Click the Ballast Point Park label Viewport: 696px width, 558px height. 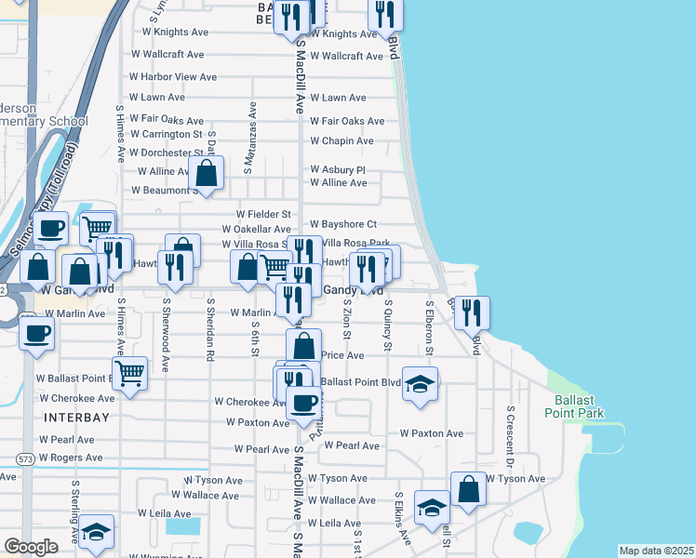tap(574, 406)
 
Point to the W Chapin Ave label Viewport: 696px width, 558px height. tap(341, 141)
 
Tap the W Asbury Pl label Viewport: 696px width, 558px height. tap(338, 170)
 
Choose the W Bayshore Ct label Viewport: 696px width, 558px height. tap(343, 224)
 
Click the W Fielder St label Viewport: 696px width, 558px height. tap(264, 214)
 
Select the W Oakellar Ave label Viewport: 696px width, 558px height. tap(256, 230)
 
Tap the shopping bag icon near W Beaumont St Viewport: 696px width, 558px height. tap(206, 173)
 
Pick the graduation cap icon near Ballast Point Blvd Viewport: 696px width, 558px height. tap(420, 384)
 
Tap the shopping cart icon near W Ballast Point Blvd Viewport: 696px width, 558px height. tap(130, 373)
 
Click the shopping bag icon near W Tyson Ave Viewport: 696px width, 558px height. tap(469, 489)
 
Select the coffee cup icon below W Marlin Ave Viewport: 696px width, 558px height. tap(37, 333)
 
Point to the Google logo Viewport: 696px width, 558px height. tap(31, 547)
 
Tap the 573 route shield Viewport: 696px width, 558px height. tap(26, 458)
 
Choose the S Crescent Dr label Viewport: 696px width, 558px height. tap(510, 435)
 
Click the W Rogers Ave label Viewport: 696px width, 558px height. tap(71, 458)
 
